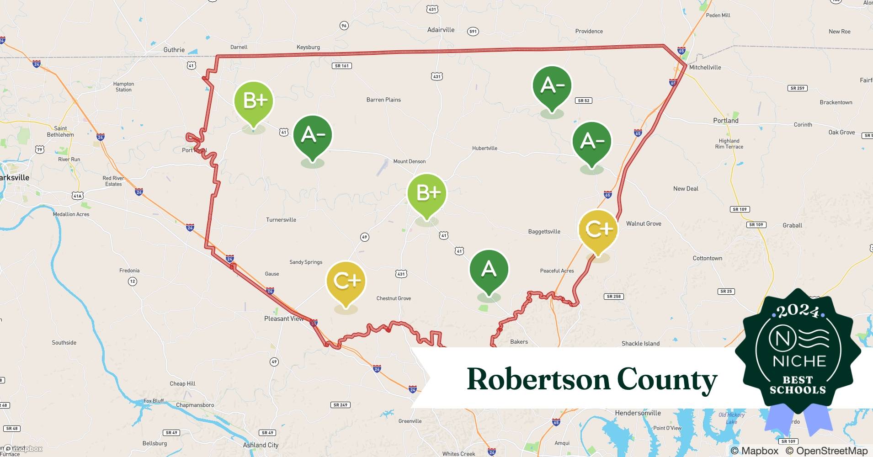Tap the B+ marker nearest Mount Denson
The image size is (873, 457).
426,193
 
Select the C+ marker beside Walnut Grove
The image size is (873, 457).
598,228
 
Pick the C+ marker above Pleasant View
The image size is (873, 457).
346,281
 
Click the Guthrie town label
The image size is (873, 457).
174,50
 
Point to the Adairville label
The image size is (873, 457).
441,30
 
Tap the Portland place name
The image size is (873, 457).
726,121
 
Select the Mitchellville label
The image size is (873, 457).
705,67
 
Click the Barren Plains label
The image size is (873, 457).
383,100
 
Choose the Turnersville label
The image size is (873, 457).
281,220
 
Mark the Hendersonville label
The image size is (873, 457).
638,413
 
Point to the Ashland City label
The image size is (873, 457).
261,445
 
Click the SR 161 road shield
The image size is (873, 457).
341,66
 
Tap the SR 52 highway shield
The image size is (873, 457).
584,101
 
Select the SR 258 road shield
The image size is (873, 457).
613,297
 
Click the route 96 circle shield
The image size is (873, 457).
344,26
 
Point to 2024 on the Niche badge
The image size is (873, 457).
798,311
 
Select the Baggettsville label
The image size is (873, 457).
544,232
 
